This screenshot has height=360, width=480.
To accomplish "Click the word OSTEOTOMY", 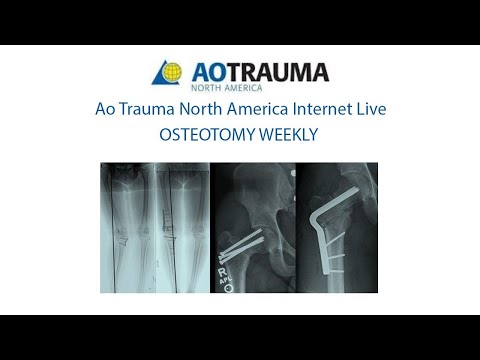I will [x=204, y=135].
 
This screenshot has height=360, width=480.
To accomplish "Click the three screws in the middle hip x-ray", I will [x=244, y=241].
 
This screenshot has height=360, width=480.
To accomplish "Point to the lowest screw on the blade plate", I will [x=338, y=267].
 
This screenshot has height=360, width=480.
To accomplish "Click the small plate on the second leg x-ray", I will [x=178, y=243].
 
